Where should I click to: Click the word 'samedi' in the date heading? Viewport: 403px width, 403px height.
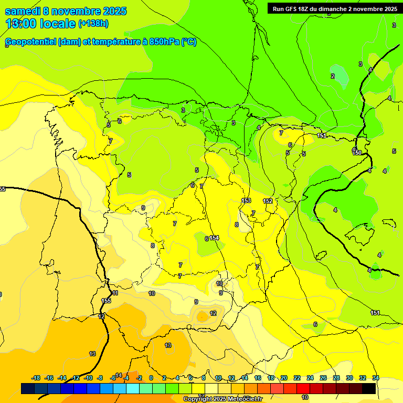tap(23, 11)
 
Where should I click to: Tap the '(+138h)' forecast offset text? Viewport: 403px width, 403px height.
tap(93, 24)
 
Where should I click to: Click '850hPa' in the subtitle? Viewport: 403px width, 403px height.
tap(164, 42)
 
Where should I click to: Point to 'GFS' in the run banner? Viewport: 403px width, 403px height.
tap(288, 8)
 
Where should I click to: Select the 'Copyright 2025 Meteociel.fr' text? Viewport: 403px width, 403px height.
tap(222, 399)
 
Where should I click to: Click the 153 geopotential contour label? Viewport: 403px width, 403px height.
tap(246, 201)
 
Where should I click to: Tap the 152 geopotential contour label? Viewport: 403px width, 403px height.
tap(268, 201)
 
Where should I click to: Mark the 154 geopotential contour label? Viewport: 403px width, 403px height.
tap(214, 238)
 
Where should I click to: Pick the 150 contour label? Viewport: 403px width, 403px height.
tap(357, 153)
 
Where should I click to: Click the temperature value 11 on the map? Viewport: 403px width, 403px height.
tap(115, 293)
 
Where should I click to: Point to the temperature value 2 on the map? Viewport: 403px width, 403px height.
tap(332, 76)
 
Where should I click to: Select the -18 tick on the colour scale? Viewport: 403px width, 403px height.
tap(36, 378)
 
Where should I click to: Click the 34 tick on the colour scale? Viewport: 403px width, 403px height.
tap(376, 378)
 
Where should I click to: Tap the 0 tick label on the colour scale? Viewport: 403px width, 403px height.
tap(151, 378)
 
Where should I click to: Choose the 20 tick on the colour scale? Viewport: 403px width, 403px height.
tap(284, 378)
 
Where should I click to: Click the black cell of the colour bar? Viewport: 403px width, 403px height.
tap(368, 388)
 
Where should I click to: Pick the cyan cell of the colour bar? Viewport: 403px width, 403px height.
tap(133, 388)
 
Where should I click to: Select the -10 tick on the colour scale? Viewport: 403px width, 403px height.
tap(88, 378)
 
